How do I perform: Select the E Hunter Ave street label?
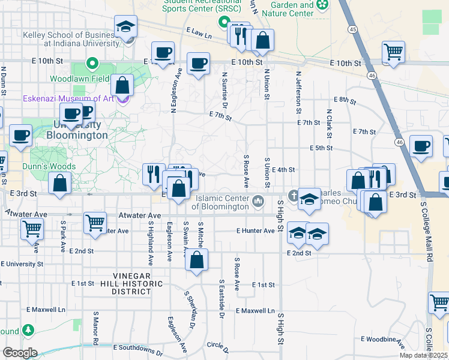click(x=255, y=230)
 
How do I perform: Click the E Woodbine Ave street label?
click(x=382, y=340)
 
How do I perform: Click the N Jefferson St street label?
click(x=298, y=93)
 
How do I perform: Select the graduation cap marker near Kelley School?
click(x=126, y=28)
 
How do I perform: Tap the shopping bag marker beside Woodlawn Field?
click(x=122, y=86)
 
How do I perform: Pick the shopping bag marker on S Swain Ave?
click(x=196, y=261)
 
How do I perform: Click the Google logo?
click(x=20, y=353)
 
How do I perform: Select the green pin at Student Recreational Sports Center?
click(x=224, y=25)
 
